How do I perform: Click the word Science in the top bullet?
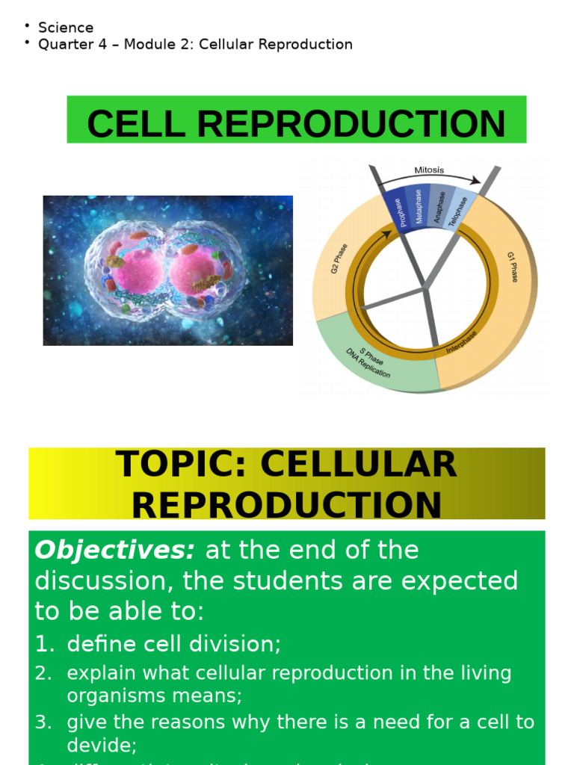click(x=66, y=28)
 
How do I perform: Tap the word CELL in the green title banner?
click(x=135, y=124)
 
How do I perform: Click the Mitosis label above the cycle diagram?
click(x=429, y=170)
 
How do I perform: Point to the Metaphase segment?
click(x=419, y=207)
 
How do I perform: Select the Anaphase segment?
click(x=440, y=208)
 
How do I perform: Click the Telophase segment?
click(x=459, y=212)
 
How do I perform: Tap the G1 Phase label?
click(x=512, y=267)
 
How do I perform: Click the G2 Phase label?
click(x=339, y=258)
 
